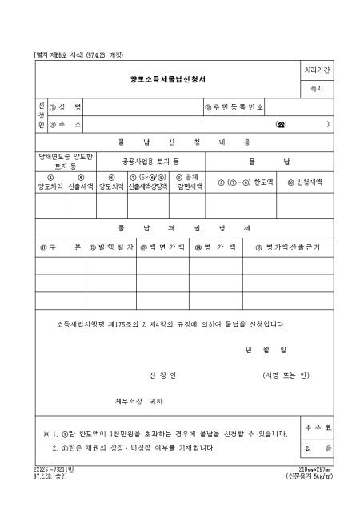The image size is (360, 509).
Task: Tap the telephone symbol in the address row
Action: click(x=281, y=124)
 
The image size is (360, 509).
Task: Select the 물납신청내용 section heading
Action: click(x=183, y=142)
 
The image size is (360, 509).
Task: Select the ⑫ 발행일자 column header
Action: click(x=111, y=248)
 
